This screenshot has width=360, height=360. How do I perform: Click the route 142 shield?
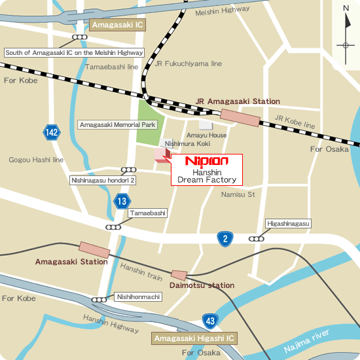[52, 132]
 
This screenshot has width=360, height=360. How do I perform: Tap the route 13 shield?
[121, 202]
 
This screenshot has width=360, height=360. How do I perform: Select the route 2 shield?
[225, 239]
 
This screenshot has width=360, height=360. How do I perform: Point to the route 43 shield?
[209, 321]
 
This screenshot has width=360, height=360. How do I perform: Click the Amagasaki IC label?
[117, 26]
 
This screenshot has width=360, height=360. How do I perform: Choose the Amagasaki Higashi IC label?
[194, 338]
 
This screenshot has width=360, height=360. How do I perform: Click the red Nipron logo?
[206, 160]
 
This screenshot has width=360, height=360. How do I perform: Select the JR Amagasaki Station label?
[238, 101]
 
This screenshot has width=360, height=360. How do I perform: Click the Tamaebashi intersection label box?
[148, 213]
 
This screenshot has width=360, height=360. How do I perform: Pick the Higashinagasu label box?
[288, 224]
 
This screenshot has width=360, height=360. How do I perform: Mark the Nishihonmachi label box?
[138, 297]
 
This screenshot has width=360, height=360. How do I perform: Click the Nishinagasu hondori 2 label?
[103, 180]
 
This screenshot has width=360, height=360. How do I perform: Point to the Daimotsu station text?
[202, 285]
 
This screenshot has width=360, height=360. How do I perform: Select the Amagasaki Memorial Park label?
[117, 124]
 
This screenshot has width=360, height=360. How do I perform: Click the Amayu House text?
[213, 135]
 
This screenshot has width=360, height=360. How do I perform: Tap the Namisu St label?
[237, 194]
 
